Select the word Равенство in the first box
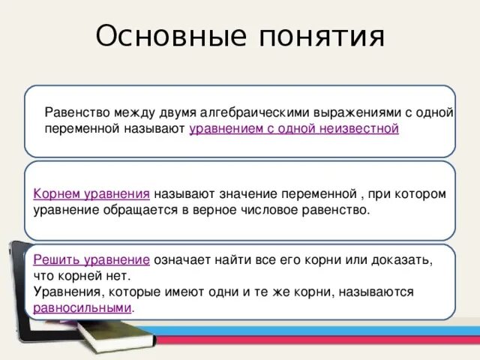coord(77,112)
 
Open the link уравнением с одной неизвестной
coord(294,129)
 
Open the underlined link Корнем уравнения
coord(91,193)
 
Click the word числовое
coord(273,210)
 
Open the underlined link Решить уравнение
coord(91,259)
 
